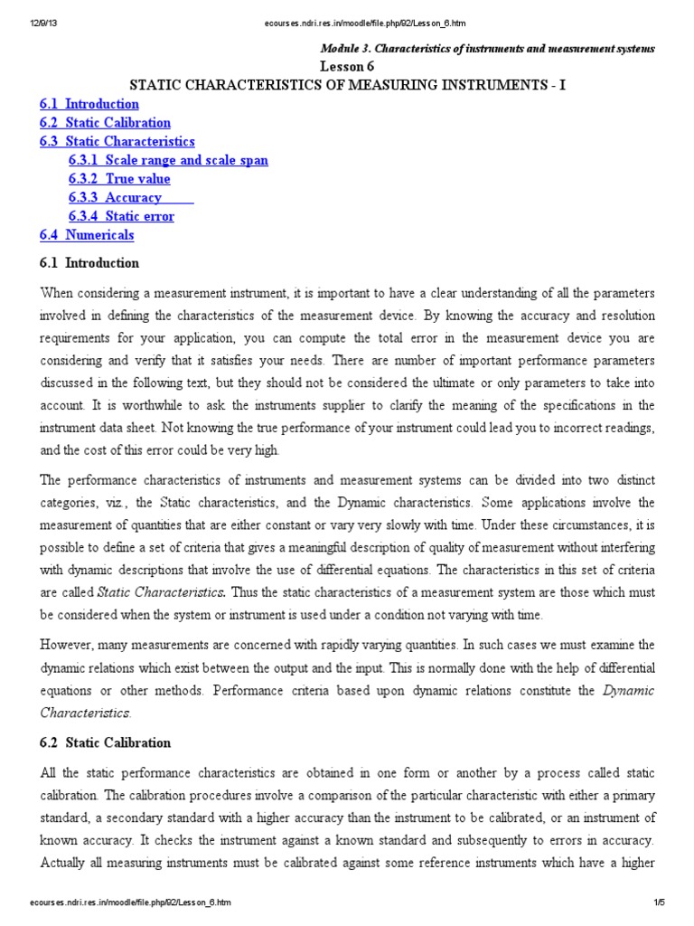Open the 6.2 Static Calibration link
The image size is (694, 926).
coord(105,123)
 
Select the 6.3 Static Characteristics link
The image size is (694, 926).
coord(117,142)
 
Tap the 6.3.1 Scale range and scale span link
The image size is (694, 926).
coord(168,160)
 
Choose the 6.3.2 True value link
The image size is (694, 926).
coord(119,179)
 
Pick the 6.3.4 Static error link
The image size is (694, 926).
coord(121,216)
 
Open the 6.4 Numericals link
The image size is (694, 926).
coord(87,235)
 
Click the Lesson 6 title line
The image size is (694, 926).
coord(346,67)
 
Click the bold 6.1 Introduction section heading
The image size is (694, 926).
coord(89,263)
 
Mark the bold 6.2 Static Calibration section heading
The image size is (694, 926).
coord(105,742)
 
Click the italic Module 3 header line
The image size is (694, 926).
coord(489,48)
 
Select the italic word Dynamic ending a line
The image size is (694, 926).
coord(628,691)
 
